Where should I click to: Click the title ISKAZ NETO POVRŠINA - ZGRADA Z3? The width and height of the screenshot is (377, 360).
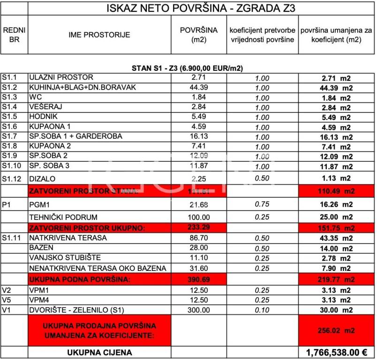[x=201, y=8]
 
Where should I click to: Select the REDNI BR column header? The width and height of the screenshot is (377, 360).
[x=14, y=35]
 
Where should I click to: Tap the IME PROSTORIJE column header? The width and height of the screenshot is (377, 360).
[x=99, y=35]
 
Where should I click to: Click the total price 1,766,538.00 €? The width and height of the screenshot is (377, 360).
[x=336, y=352]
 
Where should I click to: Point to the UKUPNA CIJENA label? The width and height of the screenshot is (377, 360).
[x=99, y=352]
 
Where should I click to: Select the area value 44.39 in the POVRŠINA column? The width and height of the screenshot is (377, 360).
[x=199, y=88]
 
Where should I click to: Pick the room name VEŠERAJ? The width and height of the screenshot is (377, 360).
[x=46, y=107]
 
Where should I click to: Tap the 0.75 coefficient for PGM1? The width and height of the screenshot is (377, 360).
[x=262, y=205]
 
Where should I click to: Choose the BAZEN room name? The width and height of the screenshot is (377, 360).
[x=41, y=247]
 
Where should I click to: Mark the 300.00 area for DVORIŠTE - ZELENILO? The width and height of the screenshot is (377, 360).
[x=199, y=310]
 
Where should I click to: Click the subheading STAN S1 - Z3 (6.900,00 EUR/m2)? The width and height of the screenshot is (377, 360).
[x=187, y=68]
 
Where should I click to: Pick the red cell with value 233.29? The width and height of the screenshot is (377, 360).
[x=199, y=227]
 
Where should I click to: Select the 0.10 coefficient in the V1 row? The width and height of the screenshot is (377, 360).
[x=262, y=310]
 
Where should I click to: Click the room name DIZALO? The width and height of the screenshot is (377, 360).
[x=43, y=178]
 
